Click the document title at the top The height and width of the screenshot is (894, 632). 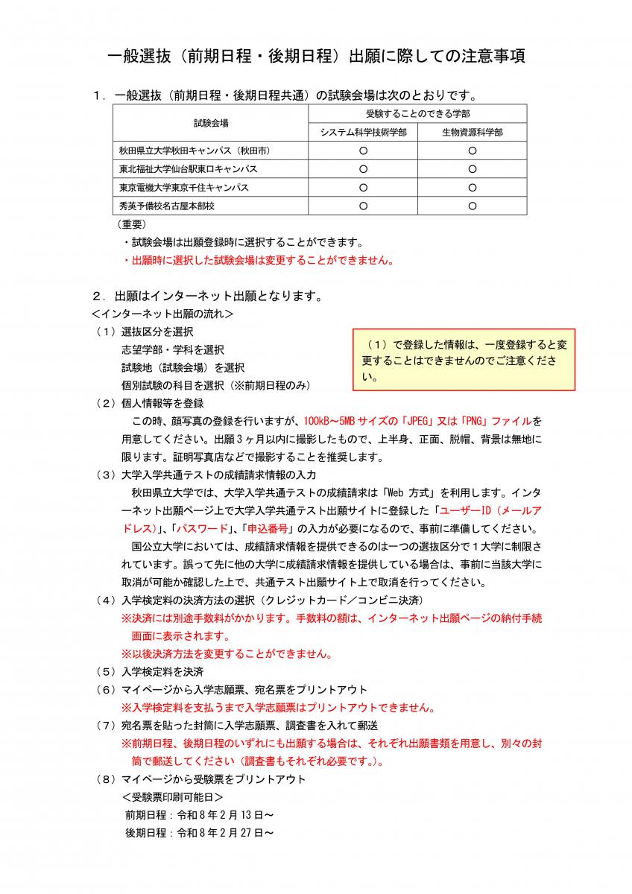(x=316, y=57)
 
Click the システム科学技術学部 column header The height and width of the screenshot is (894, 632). (x=363, y=132)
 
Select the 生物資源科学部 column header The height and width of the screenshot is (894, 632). (x=472, y=132)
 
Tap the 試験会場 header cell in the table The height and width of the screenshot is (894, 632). (x=211, y=123)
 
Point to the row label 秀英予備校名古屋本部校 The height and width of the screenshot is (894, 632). (x=167, y=206)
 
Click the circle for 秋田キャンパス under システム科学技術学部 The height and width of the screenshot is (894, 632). (x=363, y=150)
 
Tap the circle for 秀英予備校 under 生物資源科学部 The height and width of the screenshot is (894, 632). (x=472, y=206)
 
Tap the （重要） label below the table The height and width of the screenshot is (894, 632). (x=131, y=223)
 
